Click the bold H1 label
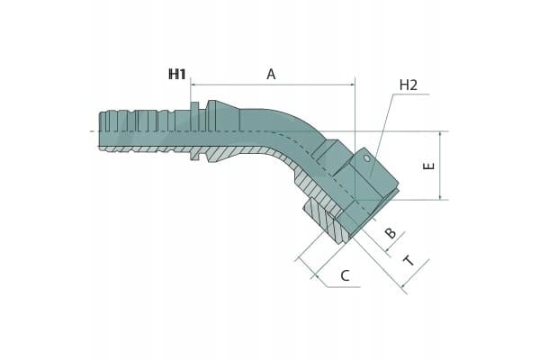[177, 74]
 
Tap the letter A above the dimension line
[271, 74]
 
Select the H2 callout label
[409, 85]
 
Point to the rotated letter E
[428, 166]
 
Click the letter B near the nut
[391, 233]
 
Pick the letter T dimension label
[409, 261]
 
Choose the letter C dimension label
[345, 275]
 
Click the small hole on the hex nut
[367, 158]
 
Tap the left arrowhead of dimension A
[193, 84]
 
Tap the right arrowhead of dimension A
[352, 84]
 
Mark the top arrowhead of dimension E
[440, 134]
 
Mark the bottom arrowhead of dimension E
[440, 197]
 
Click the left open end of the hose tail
[99, 130]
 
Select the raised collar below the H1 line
[194, 130]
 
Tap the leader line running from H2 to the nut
[382, 135]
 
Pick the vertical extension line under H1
[191, 103]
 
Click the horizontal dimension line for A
[273, 84]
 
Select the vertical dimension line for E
[440, 166]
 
